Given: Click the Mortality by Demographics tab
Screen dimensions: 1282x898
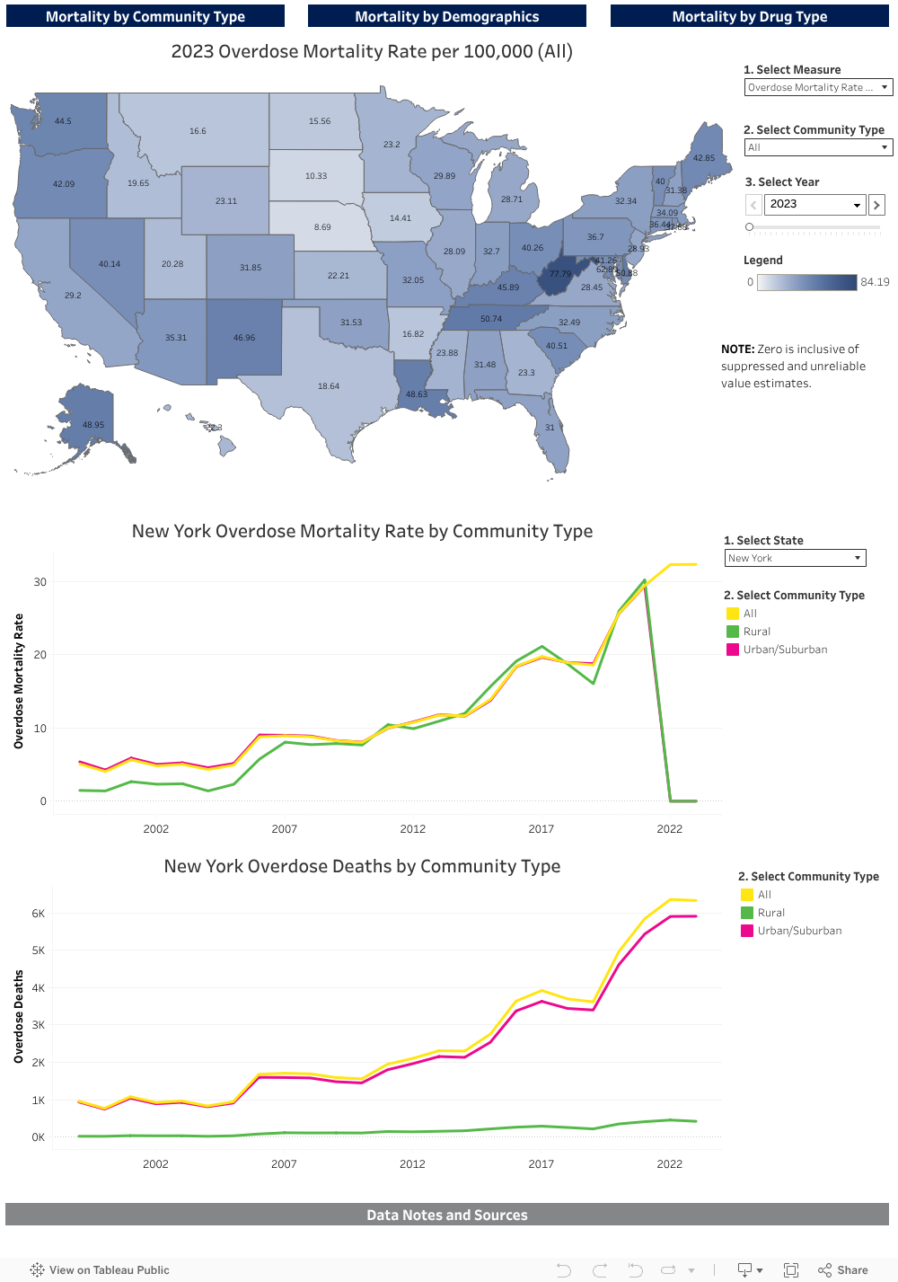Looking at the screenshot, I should [x=446, y=16].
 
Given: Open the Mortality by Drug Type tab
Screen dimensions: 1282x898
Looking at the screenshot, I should [x=749, y=16].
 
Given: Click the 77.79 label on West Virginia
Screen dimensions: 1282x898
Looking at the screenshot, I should [x=560, y=274].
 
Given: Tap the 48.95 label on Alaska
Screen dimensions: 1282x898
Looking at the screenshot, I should [x=93, y=425].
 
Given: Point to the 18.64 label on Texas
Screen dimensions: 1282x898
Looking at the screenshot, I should [x=329, y=386].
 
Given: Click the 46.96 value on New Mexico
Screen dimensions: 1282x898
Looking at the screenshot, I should [x=244, y=338].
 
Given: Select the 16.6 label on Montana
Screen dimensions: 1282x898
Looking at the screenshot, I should [x=198, y=131].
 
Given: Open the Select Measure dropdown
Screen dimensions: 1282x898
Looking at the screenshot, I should [x=818, y=87].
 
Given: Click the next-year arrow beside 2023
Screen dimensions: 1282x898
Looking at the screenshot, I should [x=877, y=205].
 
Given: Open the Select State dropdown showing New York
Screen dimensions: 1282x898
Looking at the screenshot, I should [x=795, y=558].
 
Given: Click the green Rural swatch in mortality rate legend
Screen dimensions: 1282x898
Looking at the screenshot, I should [x=733, y=632].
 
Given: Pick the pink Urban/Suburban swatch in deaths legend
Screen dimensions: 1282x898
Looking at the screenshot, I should [x=747, y=931].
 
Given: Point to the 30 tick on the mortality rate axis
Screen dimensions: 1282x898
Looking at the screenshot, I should [x=40, y=582].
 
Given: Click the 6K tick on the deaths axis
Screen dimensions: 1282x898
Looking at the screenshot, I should [x=38, y=914].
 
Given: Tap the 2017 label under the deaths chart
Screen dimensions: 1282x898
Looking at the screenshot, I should [x=541, y=1163].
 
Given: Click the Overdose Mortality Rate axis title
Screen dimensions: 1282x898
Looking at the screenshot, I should [x=19, y=681].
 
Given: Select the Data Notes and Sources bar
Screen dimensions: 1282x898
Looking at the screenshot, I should [x=446, y=1215].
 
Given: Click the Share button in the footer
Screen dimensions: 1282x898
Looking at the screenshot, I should [x=843, y=1270].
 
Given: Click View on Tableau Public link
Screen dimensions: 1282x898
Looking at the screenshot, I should [x=100, y=1270].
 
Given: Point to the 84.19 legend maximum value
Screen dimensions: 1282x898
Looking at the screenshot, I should [x=875, y=282].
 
